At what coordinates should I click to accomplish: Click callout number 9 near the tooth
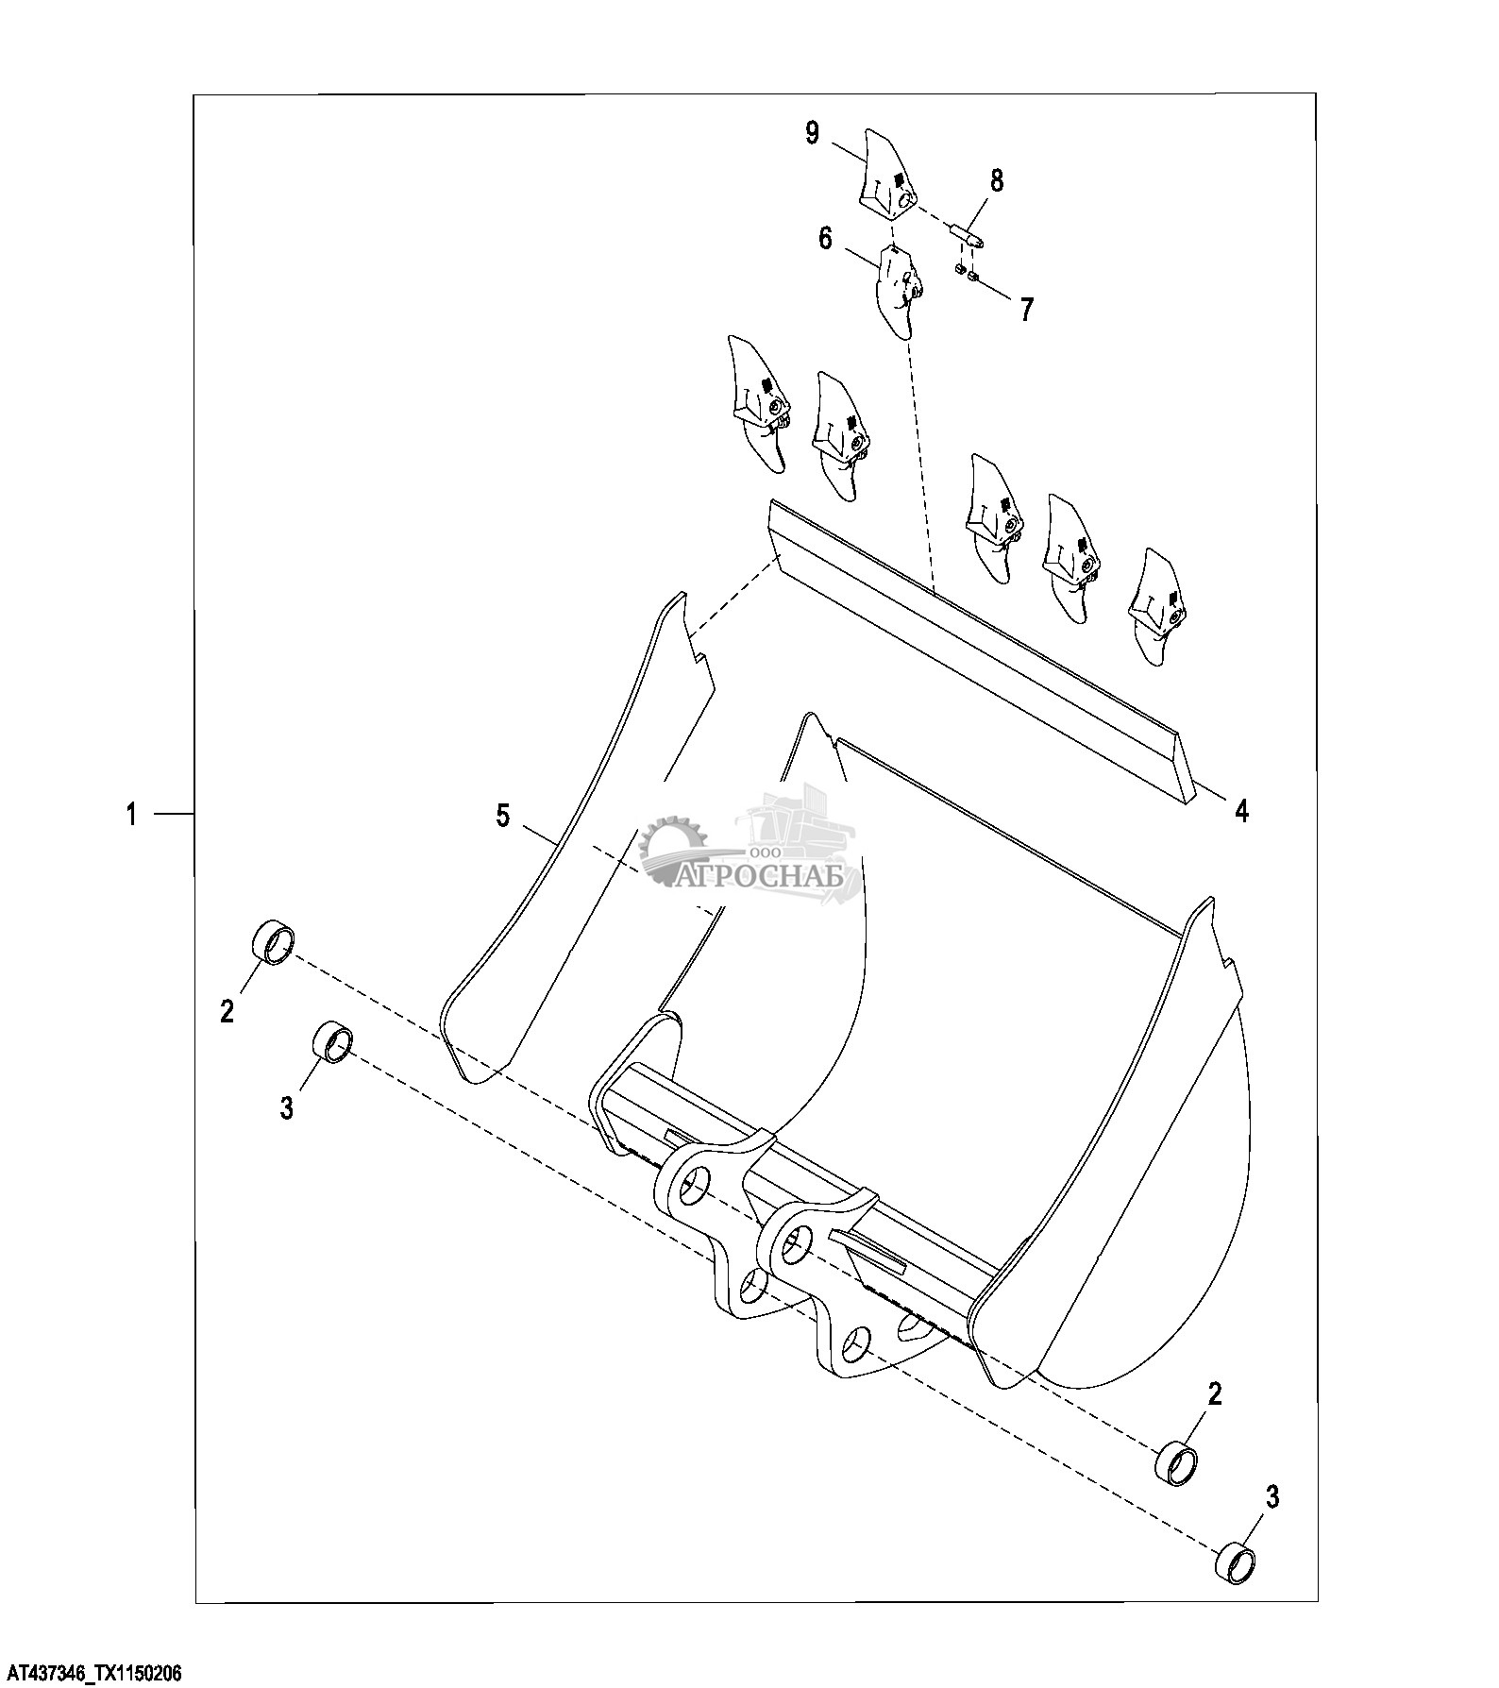tap(812, 133)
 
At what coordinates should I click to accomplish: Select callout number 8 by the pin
tap(996, 180)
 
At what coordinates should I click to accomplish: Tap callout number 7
tap(1026, 309)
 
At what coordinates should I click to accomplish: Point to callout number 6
tap(825, 238)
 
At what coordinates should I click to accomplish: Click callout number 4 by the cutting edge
tap(1241, 810)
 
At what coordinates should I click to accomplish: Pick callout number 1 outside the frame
tap(132, 814)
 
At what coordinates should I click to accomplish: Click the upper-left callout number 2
tap(227, 1012)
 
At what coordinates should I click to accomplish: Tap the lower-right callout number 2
tap(1215, 1393)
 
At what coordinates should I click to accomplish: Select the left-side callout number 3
tap(287, 1106)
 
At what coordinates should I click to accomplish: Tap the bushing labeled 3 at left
tap(332, 1042)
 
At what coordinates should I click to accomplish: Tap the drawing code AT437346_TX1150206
tap(92, 1674)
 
